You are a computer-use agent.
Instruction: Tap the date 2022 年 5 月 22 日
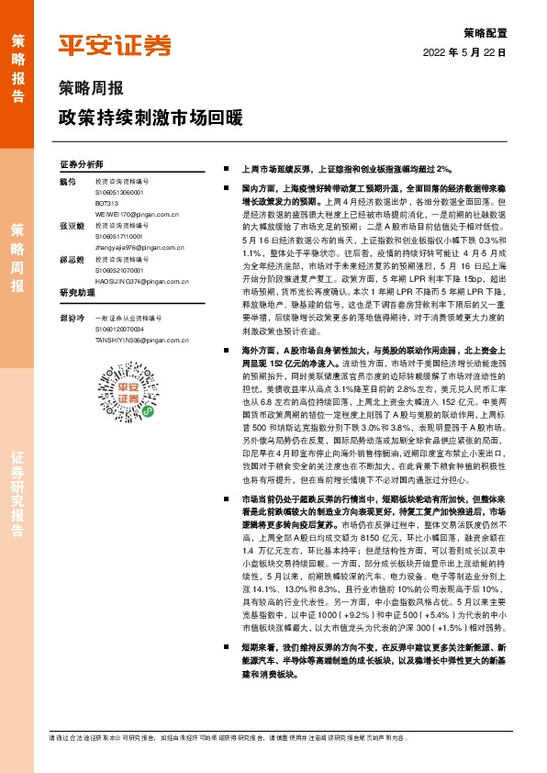[x=464, y=52]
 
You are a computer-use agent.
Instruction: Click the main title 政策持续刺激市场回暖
[x=150, y=118]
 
